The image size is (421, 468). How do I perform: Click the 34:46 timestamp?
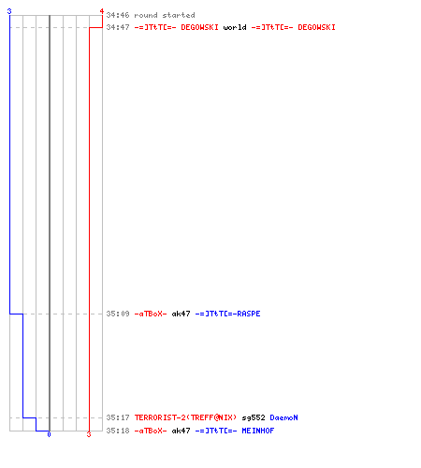pyautogui.click(x=118, y=15)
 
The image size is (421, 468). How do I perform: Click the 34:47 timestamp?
pyautogui.click(x=118, y=27)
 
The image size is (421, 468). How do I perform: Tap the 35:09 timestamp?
pyautogui.click(x=118, y=314)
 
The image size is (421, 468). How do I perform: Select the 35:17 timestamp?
pyautogui.click(x=118, y=417)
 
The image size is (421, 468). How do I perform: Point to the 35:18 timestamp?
pyautogui.click(x=118, y=431)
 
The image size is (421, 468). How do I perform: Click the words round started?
pyautogui.click(x=165, y=15)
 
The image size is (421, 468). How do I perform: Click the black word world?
pyautogui.click(x=235, y=27)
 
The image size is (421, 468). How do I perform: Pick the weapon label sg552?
pyautogui.click(x=254, y=417)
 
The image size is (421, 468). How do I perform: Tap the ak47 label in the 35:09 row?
pyautogui.click(x=181, y=314)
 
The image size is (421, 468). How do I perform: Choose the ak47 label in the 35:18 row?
pyautogui.click(x=181, y=431)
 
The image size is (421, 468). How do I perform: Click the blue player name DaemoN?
pyautogui.click(x=283, y=417)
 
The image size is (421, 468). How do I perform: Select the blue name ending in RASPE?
pyautogui.click(x=227, y=314)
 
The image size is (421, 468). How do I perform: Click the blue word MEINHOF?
pyautogui.click(x=258, y=431)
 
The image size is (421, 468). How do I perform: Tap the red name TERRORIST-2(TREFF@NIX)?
pyautogui.click(x=185, y=417)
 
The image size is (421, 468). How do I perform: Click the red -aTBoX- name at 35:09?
pyautogui.click(x=151, y=314)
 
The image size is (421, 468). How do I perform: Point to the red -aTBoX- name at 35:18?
pyautogui.click(x=151, y=431)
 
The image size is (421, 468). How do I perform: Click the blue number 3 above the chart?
pyautogui.click(x=9, y=11)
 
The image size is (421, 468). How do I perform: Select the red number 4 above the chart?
pyautogui.click(x=102, y=11)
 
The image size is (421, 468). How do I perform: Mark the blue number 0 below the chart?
pyautogui.click(x=49, y=434)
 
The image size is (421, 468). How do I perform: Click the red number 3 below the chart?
pyautogui.click(x=89, y=434)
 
